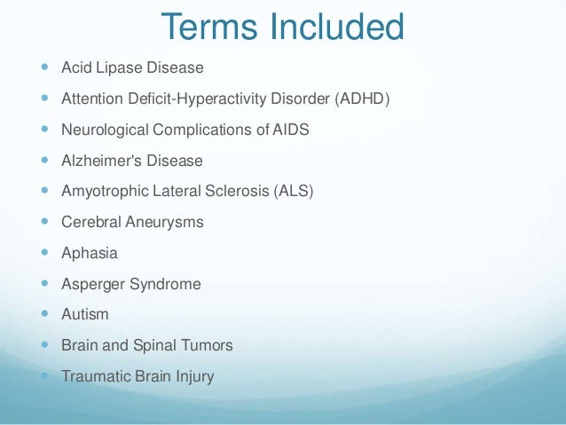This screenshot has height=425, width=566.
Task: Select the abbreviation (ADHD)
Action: click(362, 98)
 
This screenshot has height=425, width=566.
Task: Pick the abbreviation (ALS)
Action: click(294, 191)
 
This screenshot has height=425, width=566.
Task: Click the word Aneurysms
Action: click(163, 222)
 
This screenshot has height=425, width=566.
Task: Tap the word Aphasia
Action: click(89, 253)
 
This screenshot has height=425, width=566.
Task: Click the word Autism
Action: click(84, 314)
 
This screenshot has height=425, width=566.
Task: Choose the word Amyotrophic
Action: click(104, 191)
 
